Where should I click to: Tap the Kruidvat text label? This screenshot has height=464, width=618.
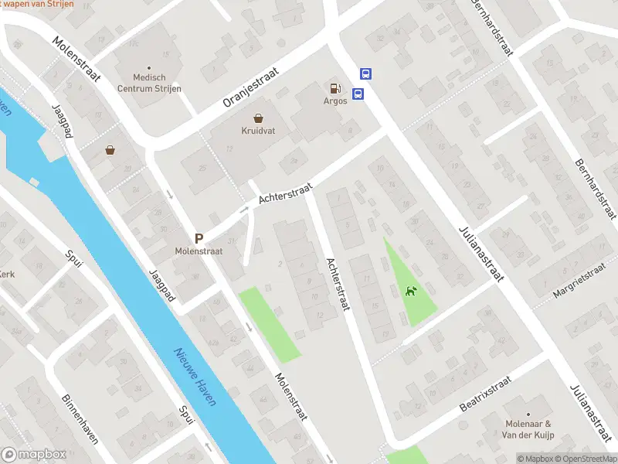click(257, 131)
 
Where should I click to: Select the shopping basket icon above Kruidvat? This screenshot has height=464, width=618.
click(257, 118)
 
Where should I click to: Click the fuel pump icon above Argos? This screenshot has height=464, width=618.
click(334, 89)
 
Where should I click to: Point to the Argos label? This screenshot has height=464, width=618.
click(334, 101)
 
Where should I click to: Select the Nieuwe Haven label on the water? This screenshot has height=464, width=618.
click(195, 377)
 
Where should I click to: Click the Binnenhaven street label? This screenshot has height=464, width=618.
click(80, 418)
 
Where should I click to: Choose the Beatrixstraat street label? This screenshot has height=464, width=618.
click(486, 394)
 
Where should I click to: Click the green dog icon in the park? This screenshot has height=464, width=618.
click(411, 292)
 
